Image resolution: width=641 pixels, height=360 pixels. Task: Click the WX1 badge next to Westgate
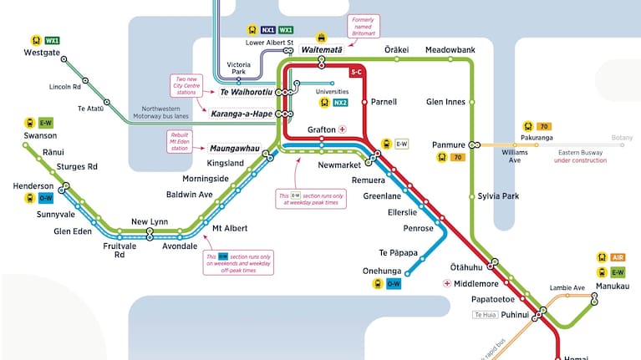[53, 39]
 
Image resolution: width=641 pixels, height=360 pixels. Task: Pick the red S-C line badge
[357, 73]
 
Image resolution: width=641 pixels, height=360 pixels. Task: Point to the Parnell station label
[384, 102]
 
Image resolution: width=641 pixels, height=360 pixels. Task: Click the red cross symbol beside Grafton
[343, 130]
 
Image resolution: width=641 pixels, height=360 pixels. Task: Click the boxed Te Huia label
[486, 315]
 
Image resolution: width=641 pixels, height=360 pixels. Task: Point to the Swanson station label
[40, 135]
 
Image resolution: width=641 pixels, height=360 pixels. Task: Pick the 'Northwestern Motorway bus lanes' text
[171, 114]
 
